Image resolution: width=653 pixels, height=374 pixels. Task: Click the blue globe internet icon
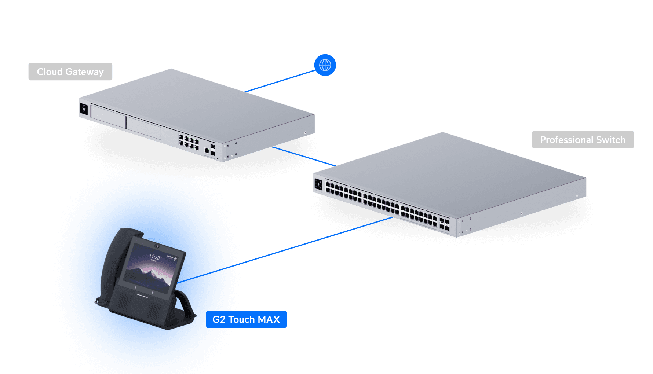click(x=325, y=65)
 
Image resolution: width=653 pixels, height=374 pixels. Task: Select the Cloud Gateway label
click(x=70, y=71)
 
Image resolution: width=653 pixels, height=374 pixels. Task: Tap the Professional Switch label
click(x=583, y=140)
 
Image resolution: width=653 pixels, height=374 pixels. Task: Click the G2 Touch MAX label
click(x=246, y=319)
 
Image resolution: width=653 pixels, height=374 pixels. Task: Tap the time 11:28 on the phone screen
click(x=154, y=257)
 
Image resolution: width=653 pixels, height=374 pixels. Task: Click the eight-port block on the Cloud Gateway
click(x=189, y=142)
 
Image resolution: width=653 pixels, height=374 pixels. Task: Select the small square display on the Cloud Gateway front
click(x=84, y=109)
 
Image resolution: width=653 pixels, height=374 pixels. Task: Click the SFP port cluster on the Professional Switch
click(x=444, y=224)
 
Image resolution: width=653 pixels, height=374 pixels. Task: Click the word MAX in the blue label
click(x=269, y=319)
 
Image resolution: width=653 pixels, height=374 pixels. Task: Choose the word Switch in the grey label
click(x=610, y=140)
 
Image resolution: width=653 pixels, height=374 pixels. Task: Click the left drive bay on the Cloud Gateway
click(x=108, y=117)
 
